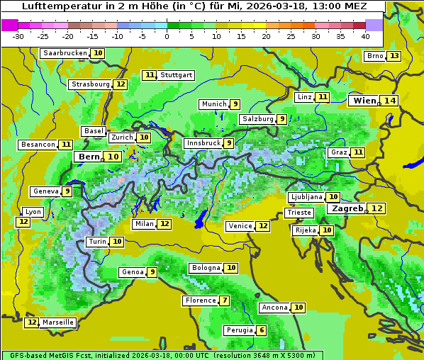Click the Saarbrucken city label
tap(65, 53)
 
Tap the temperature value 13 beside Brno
tap(394, 57)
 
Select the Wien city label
tap(364, 101)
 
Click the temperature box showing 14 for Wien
tap(389, 101)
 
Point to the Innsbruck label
tap(202, 143)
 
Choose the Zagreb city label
tap(347, 208)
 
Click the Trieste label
tap(299, 213)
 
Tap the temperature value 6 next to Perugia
tap(262, 330)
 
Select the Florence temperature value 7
tap(225, 300)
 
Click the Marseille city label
tap(58, 322)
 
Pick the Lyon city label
tap(33, 212)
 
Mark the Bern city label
tap(89, 157)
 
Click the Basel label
tap(93, 131)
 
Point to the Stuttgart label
tap(177, 75)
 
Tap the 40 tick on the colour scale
tap(365, 36)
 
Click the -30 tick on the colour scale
tap(18, 36)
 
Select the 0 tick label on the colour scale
tap(167, 36)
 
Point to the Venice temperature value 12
tap(263, 226)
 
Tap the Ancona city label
tap(274, 308)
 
